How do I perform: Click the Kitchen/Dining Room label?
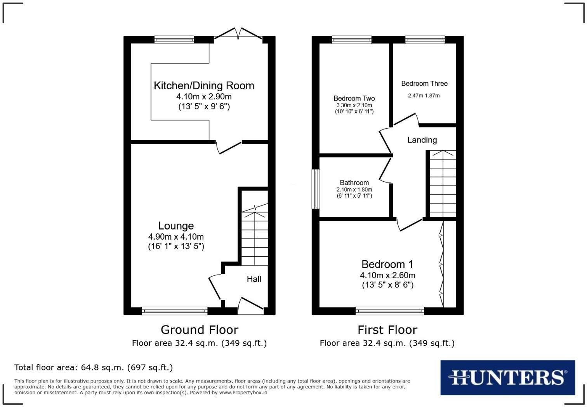coord(204,85)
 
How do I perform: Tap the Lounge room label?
coord(176,226)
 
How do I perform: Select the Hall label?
coord(254,279)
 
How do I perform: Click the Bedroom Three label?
coord(424,83)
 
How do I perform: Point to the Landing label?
coord(422,140)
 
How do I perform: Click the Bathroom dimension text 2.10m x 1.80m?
coord(354,190)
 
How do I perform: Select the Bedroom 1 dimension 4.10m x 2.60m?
coord(387,275)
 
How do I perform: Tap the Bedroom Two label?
coord(354,98)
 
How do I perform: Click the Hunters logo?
coord(507,377)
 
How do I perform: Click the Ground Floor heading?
coord(199,330)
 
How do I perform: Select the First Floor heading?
coord(387,330)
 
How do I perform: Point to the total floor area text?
coord(94,367)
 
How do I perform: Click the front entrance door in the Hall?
coord(250,305)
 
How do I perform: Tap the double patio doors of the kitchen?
coord(238,34)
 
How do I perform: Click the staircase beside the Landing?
coord(443,183)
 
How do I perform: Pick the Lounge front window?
coord(175,310)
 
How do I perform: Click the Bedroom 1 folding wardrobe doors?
coord(441,264)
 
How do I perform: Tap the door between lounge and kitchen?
coord(229,147)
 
